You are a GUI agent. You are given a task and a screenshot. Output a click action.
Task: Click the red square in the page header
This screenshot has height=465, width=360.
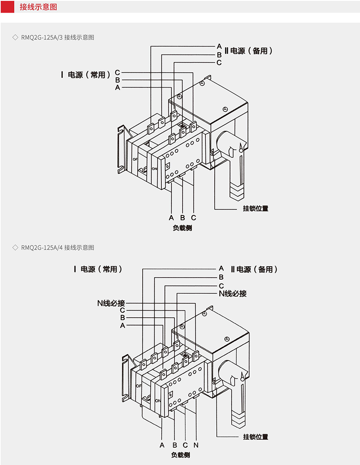click(x=7, y=7)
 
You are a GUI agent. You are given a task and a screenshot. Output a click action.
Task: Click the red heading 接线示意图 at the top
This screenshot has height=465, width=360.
click(x=38, y=7)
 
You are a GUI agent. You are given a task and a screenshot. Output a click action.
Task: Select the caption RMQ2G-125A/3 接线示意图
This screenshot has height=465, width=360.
click(x=58, y=37)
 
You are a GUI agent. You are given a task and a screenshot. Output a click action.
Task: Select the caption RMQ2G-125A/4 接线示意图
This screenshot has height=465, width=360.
click(x=58, y=248)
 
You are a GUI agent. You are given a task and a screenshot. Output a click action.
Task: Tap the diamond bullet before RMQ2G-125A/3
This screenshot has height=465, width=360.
click(x=16, y=37)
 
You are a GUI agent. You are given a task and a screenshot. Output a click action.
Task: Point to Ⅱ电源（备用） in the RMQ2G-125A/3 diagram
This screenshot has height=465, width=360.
click(x=249, y=51)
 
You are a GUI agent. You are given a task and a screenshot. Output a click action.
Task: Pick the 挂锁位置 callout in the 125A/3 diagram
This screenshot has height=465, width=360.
click(x=255, y=208)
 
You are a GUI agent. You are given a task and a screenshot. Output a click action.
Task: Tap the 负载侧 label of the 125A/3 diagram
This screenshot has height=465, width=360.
click(x=182, y=228)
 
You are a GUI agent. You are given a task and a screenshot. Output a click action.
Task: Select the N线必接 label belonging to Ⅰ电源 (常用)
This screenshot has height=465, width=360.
click(x=111, y=303)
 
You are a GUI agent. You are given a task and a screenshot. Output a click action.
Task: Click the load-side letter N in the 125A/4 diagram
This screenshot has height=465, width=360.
click(x=196, y=445)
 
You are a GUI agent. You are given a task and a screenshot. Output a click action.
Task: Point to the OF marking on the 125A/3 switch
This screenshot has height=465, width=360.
click(x=135, y=159)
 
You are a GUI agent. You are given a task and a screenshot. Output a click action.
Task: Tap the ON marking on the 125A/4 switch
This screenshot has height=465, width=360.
click(x=158, y=400)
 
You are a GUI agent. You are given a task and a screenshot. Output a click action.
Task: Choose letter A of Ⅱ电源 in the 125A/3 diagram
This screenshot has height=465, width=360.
click(x=219, y=46)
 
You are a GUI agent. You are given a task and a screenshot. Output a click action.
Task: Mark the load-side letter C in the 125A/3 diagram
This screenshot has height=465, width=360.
click(x=194, y=217)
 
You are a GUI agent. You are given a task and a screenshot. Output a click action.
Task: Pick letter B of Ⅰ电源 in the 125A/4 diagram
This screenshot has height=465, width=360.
click(x=122, y=317)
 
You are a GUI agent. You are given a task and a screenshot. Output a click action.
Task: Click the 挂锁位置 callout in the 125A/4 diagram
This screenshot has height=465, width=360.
click(x=255, y=437)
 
